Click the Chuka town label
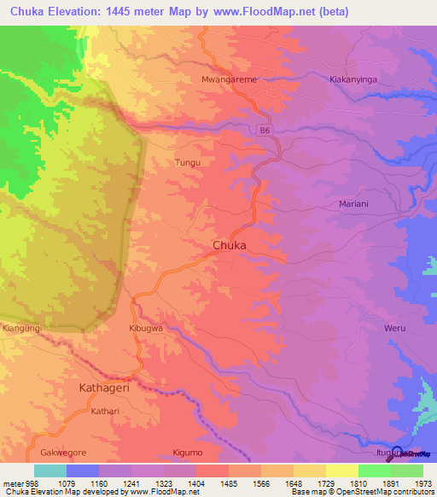pyautogui.click(x=229, y=245)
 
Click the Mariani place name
pyautogui.click(x=353, y=205)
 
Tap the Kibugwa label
pyautogui.click(x=145, y=328)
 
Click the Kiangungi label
pyautogui.click(x=20, y=328)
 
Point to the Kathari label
pyautogui.click(x=106, y=411)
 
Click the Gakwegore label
pyautogui.click(x=63, y=452)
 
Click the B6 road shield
pyautogui.click(x=265, y=130)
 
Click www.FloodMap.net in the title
pyautogui.click(x=282, y=11)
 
